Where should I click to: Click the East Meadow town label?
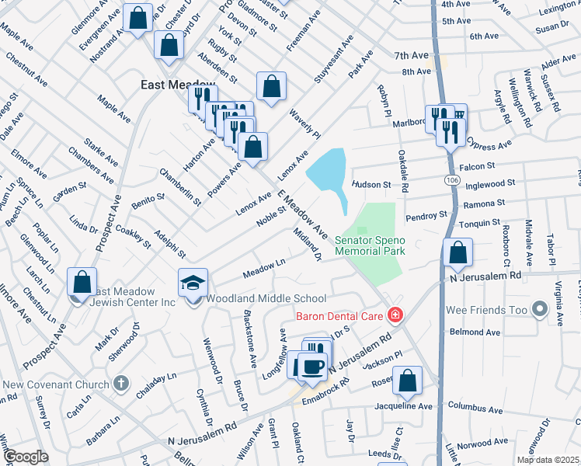click(x=170, y=85)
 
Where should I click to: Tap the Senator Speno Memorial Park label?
click(x=370, y=246)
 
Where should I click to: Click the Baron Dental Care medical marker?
click(x=395, y=315)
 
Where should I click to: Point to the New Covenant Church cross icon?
click(x=120, y=383)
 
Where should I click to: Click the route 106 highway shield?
click(x=451, y=179)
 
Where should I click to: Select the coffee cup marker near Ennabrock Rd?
click(x=313, y=367)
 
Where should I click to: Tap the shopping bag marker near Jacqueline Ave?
click(x=407, y=381)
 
